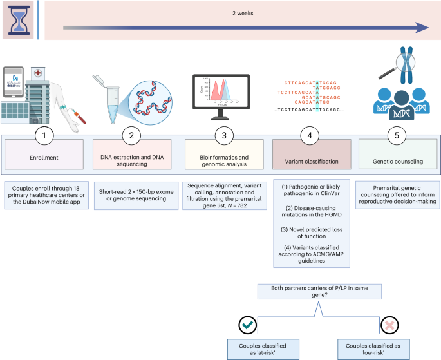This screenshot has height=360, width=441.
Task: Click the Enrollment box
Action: point(44,158)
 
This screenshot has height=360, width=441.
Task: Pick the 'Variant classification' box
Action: point(311,158)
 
